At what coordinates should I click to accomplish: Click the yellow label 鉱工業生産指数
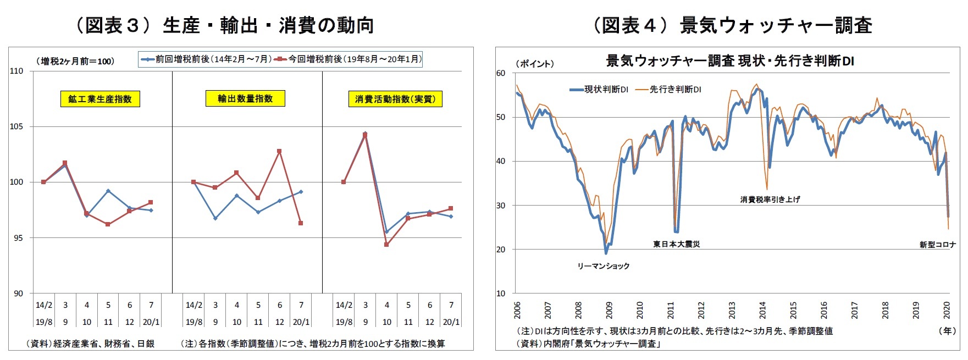pyautogui.click(x=100, y=99)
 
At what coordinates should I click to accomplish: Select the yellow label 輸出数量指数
pyautogui.click(x=245, y=98)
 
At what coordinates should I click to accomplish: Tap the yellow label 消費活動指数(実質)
pyautogui.click(x=395, y=99)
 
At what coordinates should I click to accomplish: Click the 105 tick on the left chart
pyautogui.click(x=16, y=126)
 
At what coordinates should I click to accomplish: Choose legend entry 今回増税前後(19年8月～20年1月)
pyautogui.click(x=350, y=59)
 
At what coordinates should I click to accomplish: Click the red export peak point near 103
pyautogui.click(x=279, y=151)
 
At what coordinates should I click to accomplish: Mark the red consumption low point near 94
pyautogui.click(x=386, y=245)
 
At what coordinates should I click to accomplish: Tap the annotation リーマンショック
pyautogui.click(x=603, y=266)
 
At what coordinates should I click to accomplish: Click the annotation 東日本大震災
pyautogui.click(x=676, y=244)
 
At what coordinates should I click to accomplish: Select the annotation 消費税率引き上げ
pyautogui.click(x=770, y=200)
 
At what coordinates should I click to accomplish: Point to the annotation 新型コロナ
pyautogui.click(x=937, y=245)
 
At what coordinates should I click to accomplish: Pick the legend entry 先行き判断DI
pyautogui.click(x=669, y=89)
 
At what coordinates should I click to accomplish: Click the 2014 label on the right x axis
pyautogui.click(x=763, y=311)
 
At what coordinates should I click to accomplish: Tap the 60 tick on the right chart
pyautogui.click(x=500, y=73)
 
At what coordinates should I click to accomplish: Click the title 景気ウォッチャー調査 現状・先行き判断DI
pyautogui.click(x=730, y=61)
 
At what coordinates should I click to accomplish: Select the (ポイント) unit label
pyautogui.click(x=534, y=64)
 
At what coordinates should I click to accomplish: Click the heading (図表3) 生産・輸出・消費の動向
pyautogui.click(x=224, y=25)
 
